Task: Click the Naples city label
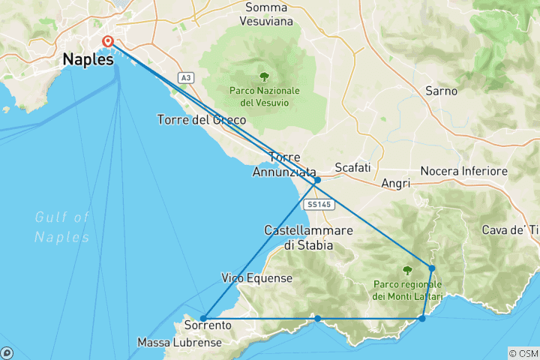[x=89, y=59]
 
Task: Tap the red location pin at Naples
[x=107, y=41]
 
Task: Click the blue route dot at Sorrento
[x=203, y=319]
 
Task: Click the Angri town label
[x=395, y=183]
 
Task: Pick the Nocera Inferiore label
[x=464, y=172]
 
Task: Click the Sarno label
[x=441, y=91]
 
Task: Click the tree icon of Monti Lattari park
[x=407, y=270]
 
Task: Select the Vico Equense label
[x=256, y=277]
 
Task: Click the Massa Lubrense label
[x=179, y=343]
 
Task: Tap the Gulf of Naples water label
[x=62, y=226]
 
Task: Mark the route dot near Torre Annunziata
[x=317, y=180]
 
